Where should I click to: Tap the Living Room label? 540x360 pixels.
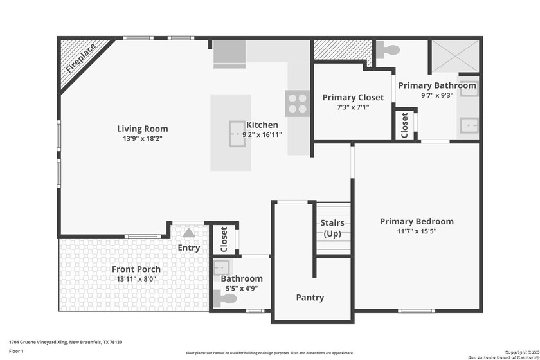pos(142,129)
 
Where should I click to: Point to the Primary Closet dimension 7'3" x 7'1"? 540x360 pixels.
pos(353,107)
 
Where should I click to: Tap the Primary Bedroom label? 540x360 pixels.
pos(417,221)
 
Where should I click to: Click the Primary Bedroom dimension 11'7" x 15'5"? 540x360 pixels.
pos(417,231)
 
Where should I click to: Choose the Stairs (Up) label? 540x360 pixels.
pos(332,228)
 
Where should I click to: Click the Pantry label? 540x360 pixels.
pos(310,298)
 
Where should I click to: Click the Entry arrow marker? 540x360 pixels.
pos(188,233)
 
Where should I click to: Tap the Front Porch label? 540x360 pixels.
pos(136,269)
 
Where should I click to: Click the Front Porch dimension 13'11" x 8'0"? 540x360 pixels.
pos(136,279)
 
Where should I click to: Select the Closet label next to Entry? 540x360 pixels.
pos(224,238)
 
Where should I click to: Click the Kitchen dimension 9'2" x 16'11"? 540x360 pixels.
pos(262,135)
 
